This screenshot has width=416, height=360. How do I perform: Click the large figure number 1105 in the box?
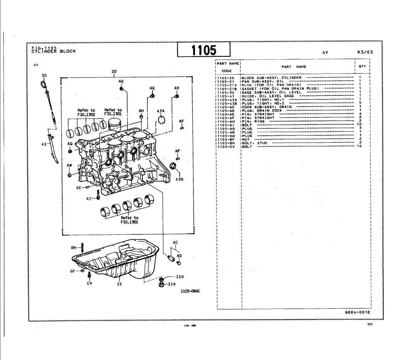coord(204,49)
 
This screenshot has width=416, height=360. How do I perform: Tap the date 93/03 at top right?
coord(365,52)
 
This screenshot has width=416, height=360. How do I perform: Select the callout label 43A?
coord(161,111)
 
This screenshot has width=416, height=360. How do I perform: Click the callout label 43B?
coord(179,179)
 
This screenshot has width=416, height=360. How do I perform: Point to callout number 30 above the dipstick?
coord(44,75)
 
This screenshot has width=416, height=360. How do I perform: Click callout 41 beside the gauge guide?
coord(44,144)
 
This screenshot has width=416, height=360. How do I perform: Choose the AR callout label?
coord(177,88)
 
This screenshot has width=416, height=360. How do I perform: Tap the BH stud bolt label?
coord(74,247)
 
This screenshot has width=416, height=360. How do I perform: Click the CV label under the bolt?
coord(89,283)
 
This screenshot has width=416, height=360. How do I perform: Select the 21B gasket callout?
coord(180,277)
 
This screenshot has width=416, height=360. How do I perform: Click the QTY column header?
coord(362,66)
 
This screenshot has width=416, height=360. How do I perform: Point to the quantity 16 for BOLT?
coord(360,147)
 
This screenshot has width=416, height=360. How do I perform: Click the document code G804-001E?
coord(358,312)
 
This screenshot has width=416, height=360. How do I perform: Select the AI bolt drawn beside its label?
coord(98,197)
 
